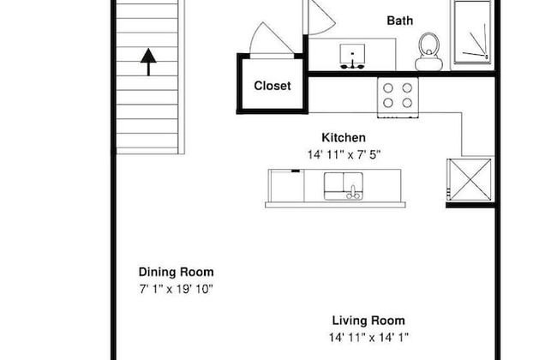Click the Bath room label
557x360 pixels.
(399, 21)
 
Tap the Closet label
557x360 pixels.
(273, 86)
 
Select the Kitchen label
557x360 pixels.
(344, 137)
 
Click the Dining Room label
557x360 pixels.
(177, 272)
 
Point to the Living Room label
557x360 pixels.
(368, 321)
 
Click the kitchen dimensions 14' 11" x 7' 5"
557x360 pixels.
(344, 155)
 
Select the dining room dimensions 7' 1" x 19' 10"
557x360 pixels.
(176, 289)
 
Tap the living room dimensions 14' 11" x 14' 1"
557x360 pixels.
(368, 337)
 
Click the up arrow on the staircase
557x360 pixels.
(148, 63)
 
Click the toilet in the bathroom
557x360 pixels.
(428, 52)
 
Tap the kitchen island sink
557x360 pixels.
(344, 186)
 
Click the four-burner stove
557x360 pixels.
(398, 98)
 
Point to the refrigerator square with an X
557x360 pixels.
(470, 180)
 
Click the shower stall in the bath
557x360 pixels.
(472, 33)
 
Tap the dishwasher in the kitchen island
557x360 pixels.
(287, 186)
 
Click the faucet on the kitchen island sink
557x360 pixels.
(353, 192)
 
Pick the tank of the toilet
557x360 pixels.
(428, 64)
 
